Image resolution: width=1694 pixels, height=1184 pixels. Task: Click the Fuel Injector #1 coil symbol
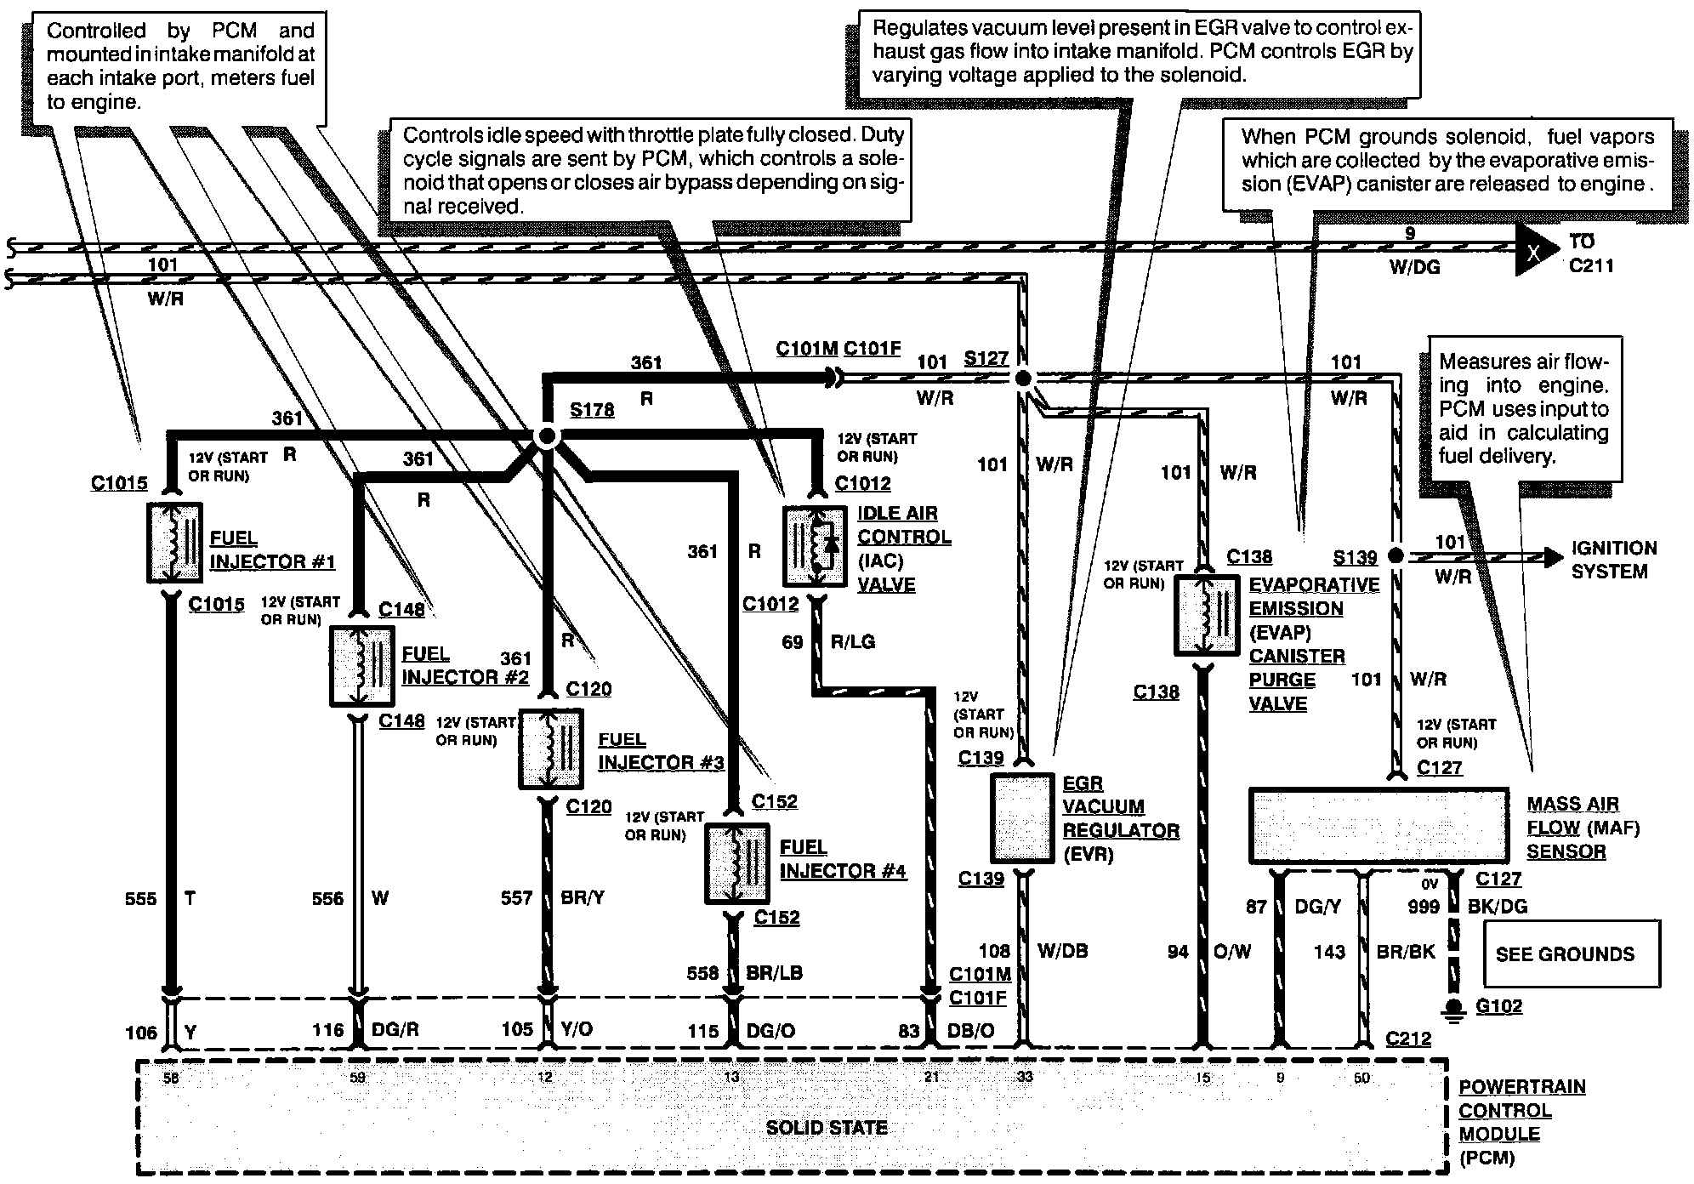click(x=173, y=543)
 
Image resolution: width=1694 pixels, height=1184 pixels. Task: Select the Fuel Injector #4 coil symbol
click(x=736, y=863)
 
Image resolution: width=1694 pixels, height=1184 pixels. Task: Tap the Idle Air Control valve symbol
click(x=814, y=547)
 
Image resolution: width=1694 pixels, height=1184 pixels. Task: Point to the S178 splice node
click(x=547, y=436)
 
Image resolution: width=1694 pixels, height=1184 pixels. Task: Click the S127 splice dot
click(x=1023, y=377)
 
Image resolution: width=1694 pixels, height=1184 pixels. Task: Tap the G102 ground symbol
click(x=1453, y=1010)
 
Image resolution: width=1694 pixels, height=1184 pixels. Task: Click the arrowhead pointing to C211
click(x=1535, y=251)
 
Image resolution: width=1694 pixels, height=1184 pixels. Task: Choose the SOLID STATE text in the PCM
click(x=826, y=1128)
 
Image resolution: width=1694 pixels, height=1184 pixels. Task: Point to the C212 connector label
click(x=1408, y=1039)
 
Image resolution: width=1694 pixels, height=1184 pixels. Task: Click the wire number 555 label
click(x=141, y=898)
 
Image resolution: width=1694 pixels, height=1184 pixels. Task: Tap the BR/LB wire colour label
click(x=774, y=973)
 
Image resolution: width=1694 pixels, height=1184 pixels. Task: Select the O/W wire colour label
click(x=1232, y=952)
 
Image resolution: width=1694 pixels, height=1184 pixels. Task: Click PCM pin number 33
click(x=1025, y=1077)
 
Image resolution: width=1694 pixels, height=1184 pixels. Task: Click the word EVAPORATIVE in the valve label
click(x=1314, y=585)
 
